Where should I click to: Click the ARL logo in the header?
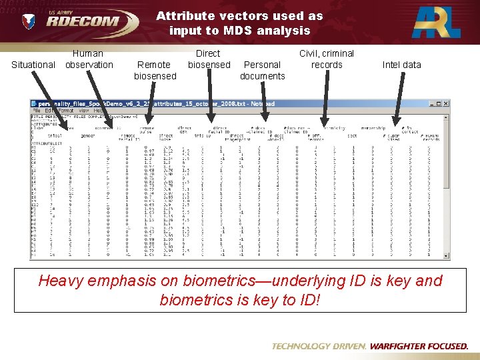point(436,22)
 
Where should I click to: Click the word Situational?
point(33,65)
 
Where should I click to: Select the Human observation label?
point(89,59)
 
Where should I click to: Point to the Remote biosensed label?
point(155,70)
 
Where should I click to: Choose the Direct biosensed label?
point(209,59)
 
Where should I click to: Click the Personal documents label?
point(262,70)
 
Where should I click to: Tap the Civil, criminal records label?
point(327,59)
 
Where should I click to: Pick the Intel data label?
point(401,65)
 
